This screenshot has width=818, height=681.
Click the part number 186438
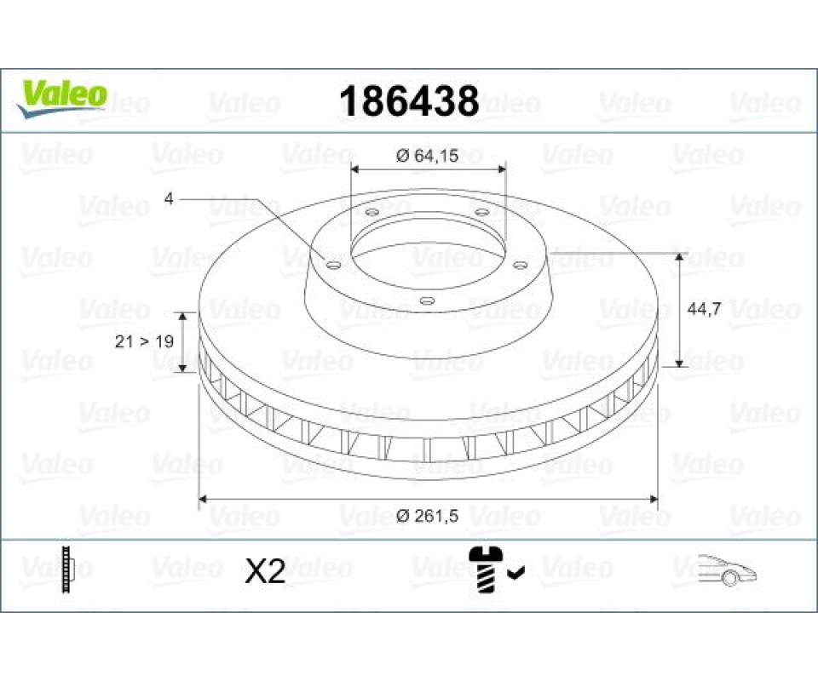[x=409, y=101]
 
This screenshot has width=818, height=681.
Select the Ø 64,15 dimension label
[x=427, y=155]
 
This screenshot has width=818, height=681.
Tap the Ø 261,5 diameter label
[x=427, y=516]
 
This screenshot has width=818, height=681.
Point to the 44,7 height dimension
[x=705, y=309]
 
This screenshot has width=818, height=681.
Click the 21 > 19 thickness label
[x=144, y=341]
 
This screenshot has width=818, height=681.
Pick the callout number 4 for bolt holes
[x=168, y=198]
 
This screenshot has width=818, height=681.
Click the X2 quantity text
[x=265, y=571]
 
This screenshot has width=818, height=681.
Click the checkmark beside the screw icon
[x=516, y=573]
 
